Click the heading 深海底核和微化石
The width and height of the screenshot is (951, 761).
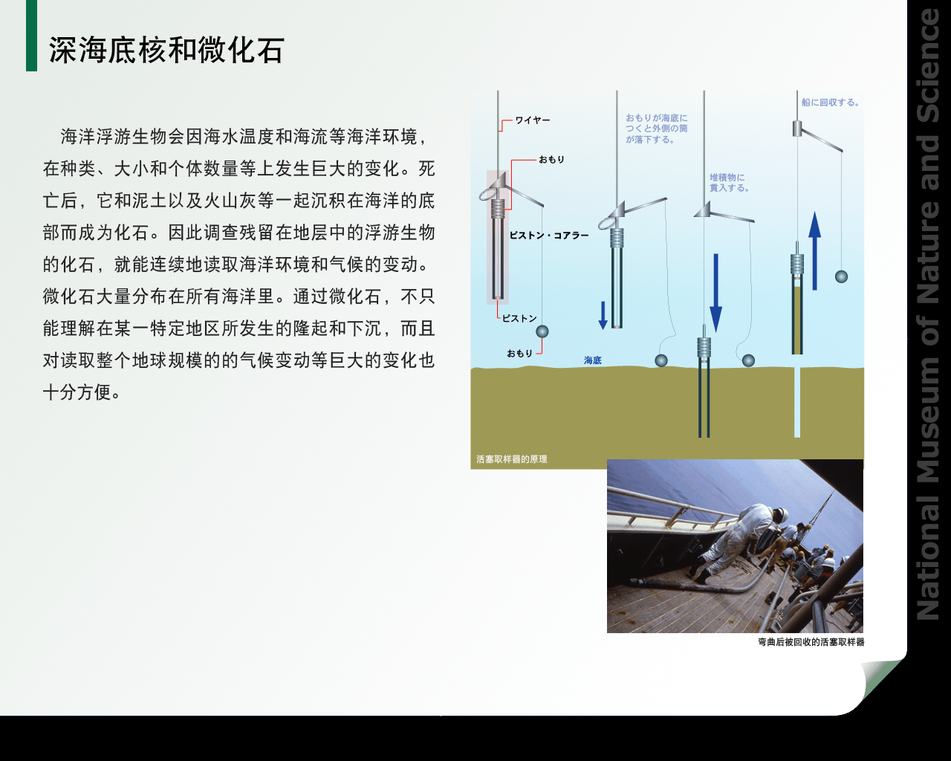166,50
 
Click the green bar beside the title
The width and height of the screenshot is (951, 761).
31,36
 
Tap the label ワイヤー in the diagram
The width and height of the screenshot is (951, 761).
533,120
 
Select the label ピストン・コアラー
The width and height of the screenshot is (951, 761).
549,236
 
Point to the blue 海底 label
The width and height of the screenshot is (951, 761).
593,360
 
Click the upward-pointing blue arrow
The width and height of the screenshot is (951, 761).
814,250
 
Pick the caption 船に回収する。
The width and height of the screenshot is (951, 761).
831,103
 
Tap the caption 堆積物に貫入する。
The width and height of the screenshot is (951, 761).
729,183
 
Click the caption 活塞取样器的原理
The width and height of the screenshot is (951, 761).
512,459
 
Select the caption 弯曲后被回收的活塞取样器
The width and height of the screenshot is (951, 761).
811,642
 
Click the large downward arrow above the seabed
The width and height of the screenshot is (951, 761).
715,293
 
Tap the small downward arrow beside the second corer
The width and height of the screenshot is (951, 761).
603,315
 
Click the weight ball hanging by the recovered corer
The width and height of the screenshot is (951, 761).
841,276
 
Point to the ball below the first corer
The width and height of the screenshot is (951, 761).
542,331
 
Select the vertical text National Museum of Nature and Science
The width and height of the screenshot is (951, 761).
928,314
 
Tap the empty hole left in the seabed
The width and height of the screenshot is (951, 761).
797,402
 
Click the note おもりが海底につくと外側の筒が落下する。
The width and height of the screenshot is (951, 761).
656,129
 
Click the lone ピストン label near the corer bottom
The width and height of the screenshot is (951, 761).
519,318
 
